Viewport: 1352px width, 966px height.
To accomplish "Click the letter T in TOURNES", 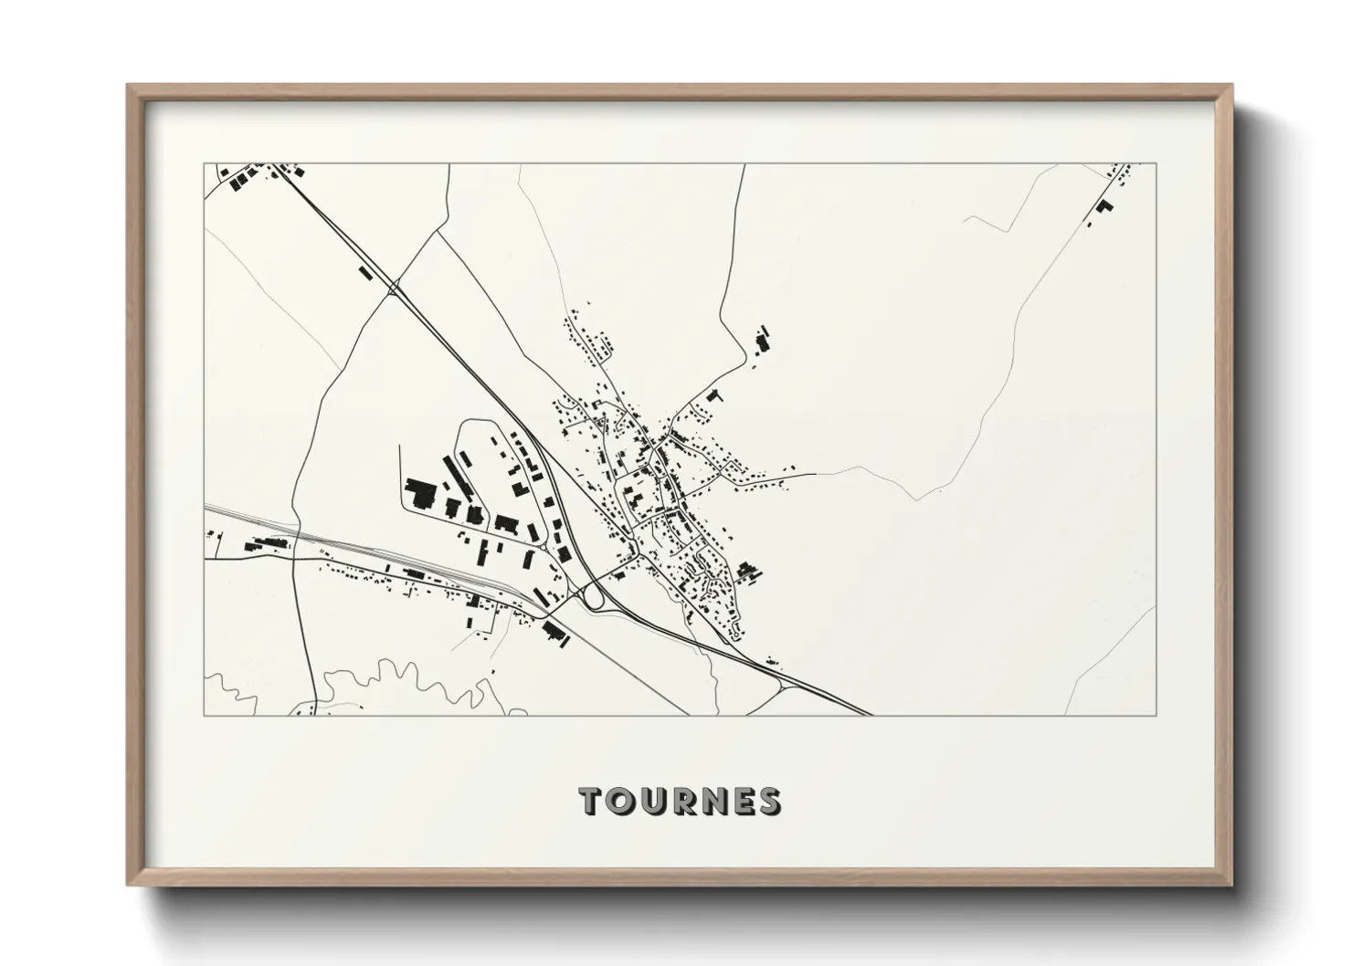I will point(592,802).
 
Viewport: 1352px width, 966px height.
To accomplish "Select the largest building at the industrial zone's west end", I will point(422,493).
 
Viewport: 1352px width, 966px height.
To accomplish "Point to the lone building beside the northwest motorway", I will point(365,272).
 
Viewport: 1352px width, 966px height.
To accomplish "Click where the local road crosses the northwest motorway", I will point(394,289).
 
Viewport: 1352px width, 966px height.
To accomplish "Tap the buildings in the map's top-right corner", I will point(1104,206).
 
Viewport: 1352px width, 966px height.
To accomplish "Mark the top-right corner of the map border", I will point(1156,164).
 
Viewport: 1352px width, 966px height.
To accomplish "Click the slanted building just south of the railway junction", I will point(554,633).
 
